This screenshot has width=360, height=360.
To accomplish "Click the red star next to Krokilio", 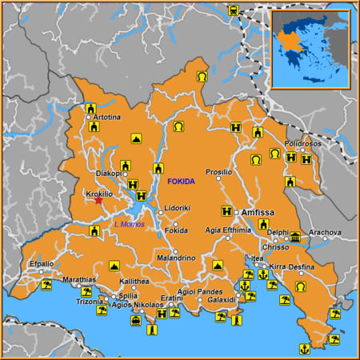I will pyautogui.click(x=99, y=200).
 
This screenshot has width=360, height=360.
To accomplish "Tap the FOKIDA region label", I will pyautogui.click(x=181, y=182).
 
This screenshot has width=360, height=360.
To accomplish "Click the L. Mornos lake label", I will pyautogui.click(x=128, y=223).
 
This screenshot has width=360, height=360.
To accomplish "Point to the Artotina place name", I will pyautogui.click(x=107, y=118).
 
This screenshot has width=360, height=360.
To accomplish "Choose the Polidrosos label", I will pyautogui.click(x=302, y=143).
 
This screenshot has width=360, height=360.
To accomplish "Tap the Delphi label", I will pyautogui.click(x=278, y=233).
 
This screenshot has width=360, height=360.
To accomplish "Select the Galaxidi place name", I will pyautogui.click(x=220, y=300).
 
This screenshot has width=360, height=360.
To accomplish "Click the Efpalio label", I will pyautogui.click(x=42, y=263).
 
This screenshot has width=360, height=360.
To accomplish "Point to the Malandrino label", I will pyautogui.click(x=176, y=258).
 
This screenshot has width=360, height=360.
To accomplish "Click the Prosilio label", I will pyautogui.click(x=218, y=172).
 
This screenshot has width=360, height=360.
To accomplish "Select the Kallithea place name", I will pyautogui.click(x=134, y=282).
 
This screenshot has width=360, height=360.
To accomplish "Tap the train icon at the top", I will pyautogui.click(x=233, y=11).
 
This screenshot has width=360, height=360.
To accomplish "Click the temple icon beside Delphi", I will pyautogui.click(x=295, y=238).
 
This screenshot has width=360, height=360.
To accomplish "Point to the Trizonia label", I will pyautogui.click(x=89, y=302).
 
